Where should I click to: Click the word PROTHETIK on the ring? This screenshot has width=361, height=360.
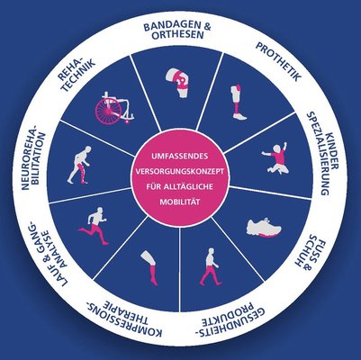278,61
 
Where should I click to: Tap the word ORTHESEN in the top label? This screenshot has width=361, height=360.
178,35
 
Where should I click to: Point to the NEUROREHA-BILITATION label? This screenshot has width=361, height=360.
33,157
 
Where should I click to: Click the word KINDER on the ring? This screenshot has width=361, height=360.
333,151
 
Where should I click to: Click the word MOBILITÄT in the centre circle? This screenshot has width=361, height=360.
180,202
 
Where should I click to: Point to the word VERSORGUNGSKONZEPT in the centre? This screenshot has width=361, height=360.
180,172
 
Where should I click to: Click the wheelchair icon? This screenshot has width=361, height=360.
114,108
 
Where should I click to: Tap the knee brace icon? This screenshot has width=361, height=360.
178,83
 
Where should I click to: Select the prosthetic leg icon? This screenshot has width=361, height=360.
239,103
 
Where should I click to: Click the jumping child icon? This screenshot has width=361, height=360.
276,158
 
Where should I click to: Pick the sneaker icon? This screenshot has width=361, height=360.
264,228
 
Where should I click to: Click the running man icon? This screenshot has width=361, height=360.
94,226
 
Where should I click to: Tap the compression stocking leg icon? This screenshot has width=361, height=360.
149,268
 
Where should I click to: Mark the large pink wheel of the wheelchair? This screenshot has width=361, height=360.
108,112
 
